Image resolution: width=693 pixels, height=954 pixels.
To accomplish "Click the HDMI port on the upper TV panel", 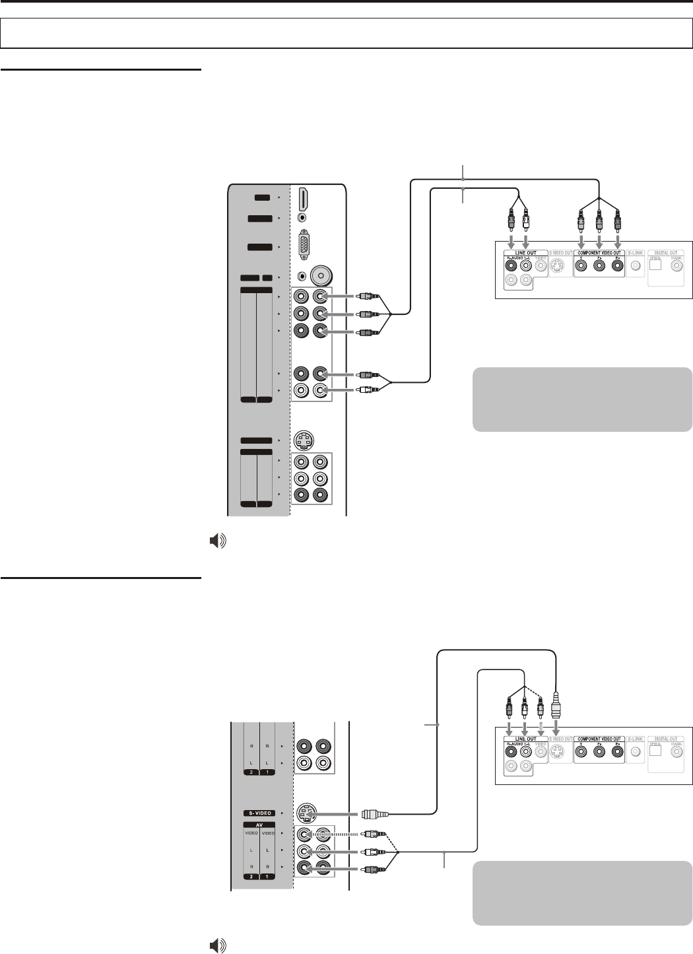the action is click(x=303, y=199).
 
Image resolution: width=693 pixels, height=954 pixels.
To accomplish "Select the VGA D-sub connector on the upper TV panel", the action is click(x=304, y=246).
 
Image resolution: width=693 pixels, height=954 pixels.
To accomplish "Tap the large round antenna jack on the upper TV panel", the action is click(x=321, y=275).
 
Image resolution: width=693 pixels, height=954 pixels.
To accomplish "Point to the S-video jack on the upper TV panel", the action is click(x=304, y=440).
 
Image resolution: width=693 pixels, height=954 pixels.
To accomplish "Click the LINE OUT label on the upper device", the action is click(x=521, y=252).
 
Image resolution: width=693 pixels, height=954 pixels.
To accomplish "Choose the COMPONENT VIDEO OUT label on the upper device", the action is click(x=599, y=252).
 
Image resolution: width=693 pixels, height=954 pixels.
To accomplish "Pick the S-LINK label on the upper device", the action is click(x=635, y=252).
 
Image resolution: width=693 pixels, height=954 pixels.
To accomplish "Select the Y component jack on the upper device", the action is click(x=581, y=267).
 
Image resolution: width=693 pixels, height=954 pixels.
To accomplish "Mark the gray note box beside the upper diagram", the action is click(x=582, y=399).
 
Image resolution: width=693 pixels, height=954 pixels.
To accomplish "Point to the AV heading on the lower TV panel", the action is click(x=260, y=825).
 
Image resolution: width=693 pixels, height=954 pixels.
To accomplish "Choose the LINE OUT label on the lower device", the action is click(x=521, y=739).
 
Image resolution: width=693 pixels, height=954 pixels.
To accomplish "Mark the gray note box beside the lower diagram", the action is click(x=582, y=893).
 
